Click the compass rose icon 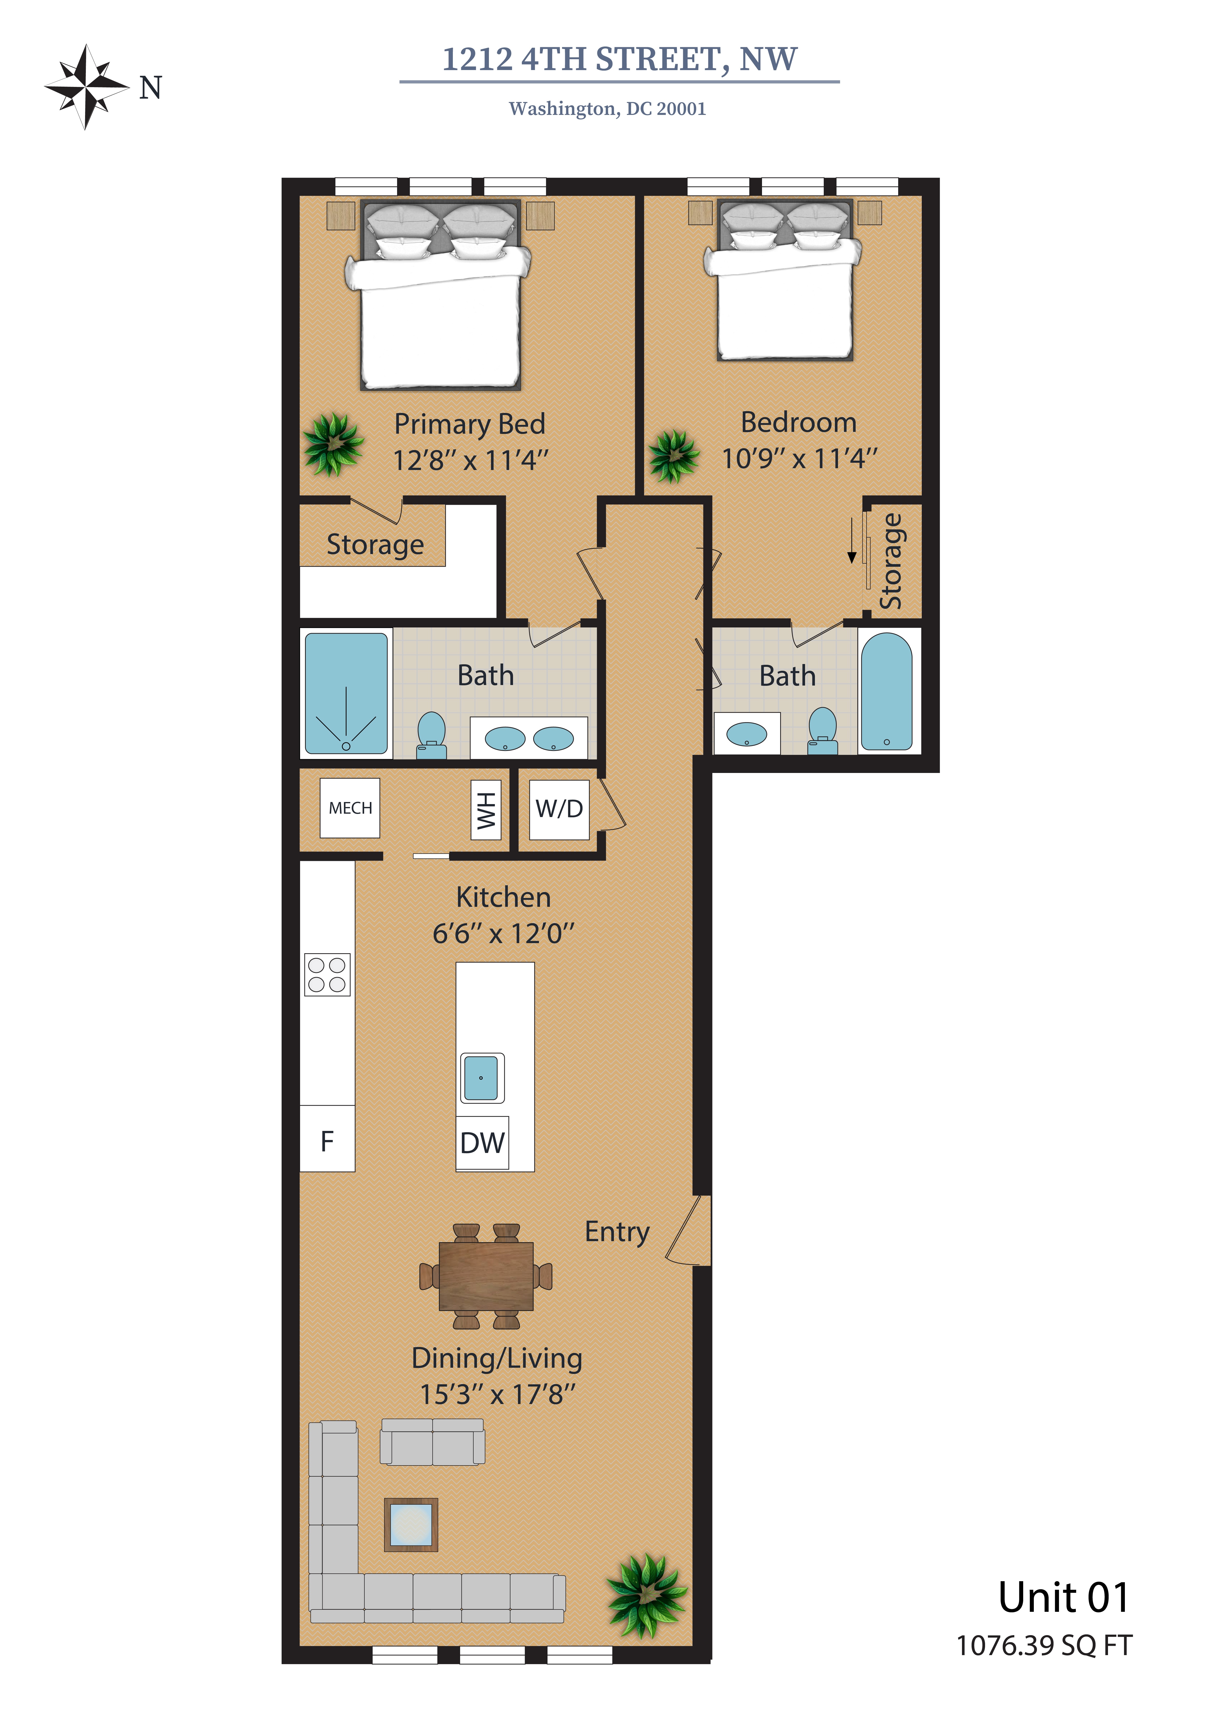click(87, 87)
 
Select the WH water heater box click(486, 810)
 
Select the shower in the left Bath click(346, 693)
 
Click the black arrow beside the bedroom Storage click(851, 540)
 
